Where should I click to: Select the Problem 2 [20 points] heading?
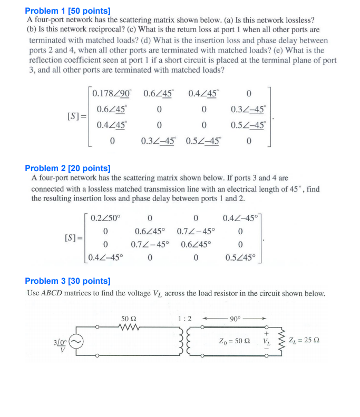click(68, 168)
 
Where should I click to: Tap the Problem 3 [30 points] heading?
click(68, 281)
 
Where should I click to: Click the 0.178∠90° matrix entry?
click(111, 94)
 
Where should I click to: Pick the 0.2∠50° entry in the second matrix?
click(105, 217)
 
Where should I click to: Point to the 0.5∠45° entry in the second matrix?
click(239, 257)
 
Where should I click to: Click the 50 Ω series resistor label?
click(129, 320)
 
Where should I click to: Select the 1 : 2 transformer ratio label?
click(185, 319)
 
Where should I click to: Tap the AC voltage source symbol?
click(76, 341)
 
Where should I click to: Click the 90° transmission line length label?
click(234, 319)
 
